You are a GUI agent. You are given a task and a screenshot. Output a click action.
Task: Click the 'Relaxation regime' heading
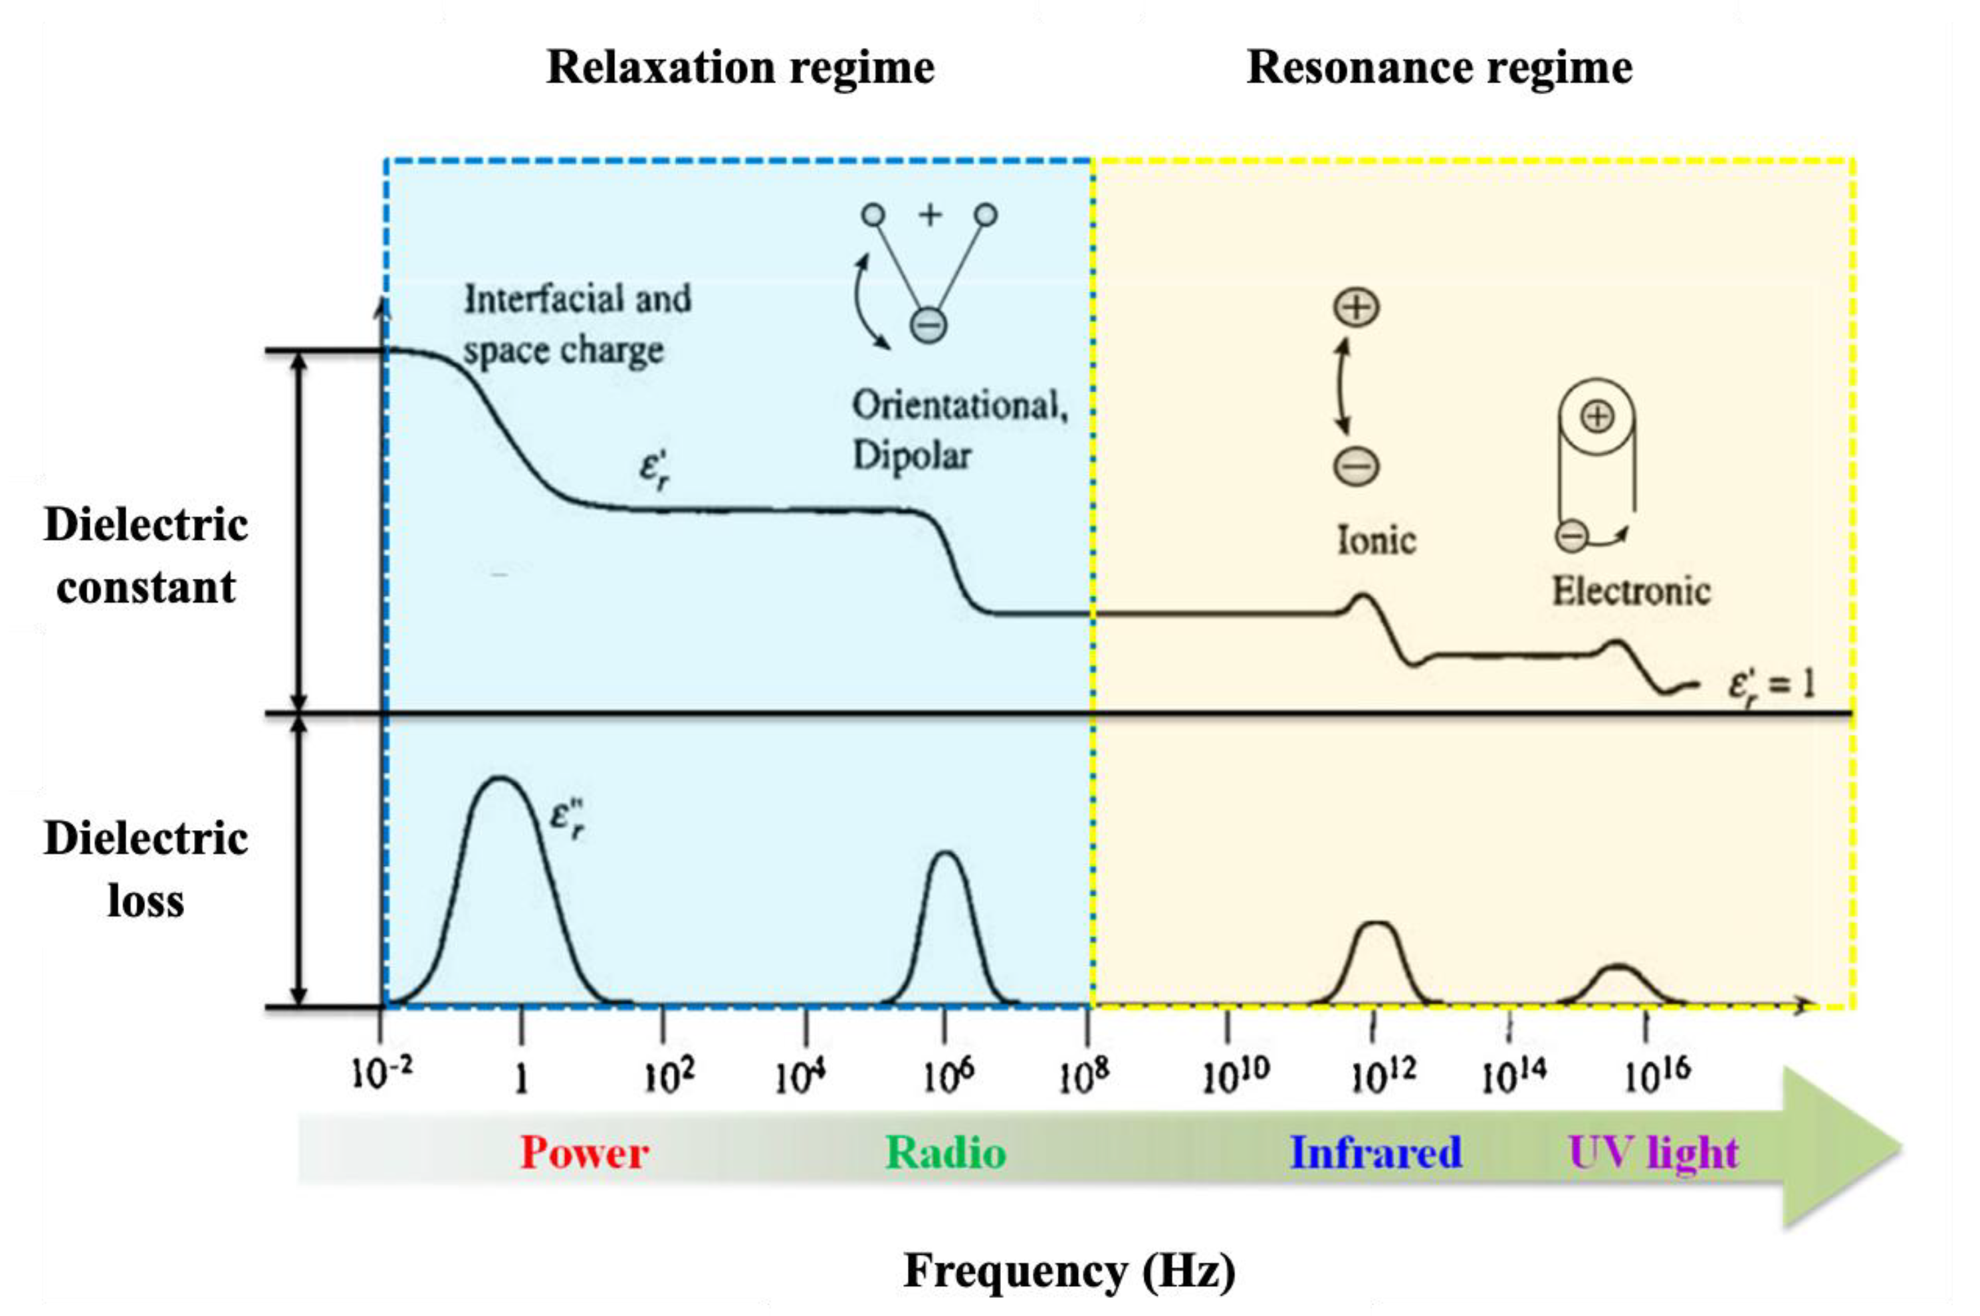pyautogui.click(x=740, y=67)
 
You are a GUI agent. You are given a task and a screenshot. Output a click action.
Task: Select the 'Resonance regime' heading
pyautogui.click(x=1438, y=67)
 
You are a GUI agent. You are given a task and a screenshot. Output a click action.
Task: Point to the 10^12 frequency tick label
pyautogui.click(x=1382, y=1074)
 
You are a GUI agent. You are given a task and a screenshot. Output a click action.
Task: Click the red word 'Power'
pyautogui.click(x=584, y=1152)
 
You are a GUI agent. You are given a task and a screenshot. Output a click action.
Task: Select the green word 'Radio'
pyautogui.click(x=945, y=1152)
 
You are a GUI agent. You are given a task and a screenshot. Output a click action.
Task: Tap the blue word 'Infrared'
pyautogui.click(x=1375, y=1152)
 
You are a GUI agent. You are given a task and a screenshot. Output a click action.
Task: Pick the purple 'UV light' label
pyautogui.click(x=1652, y=1152)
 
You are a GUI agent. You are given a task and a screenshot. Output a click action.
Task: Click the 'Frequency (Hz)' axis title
pyautogui.click(x=1069, y=1271)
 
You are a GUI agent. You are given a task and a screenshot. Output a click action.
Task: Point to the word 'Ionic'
pyautogui.click(x=1376, y=540)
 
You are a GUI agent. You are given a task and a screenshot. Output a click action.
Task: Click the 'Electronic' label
pyautogui.click(x=1630, y=592)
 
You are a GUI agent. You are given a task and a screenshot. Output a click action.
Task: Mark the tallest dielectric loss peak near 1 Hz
pyautogui.click(x=500, y=780)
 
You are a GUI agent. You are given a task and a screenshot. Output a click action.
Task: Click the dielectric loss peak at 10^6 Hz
pyautogui.click(x=946, y=856)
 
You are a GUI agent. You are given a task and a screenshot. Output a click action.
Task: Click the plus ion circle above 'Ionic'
pyautogui.click(x=1357, y=307)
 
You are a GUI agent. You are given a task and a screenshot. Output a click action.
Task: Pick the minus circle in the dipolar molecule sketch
pyautogui.click(x=929, y=325)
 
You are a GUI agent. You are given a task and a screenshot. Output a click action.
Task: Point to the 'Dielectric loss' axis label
pyautogui.click(x=145, y=869)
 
